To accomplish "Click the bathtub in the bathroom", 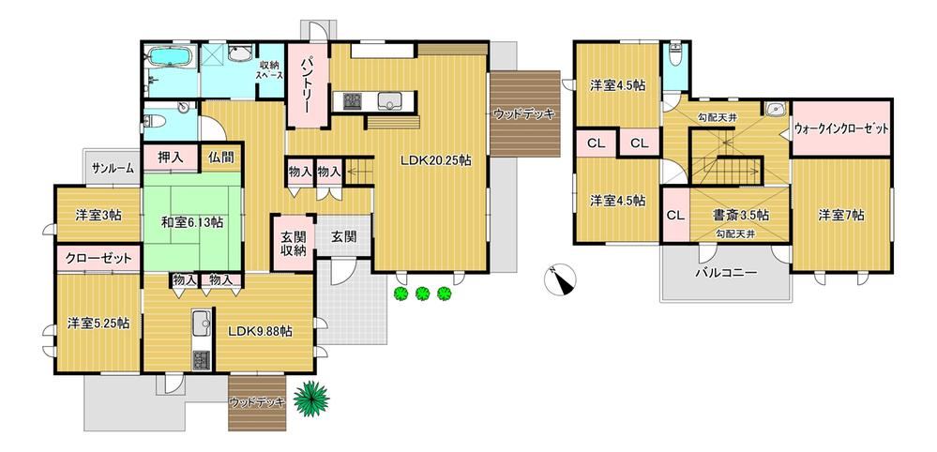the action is click(170, 57).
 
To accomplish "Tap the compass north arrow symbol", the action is click(561, 279).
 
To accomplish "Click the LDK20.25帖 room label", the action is click(435, 160).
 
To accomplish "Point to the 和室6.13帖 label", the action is click(192, 222).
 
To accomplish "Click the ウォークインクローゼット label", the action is click(841, 128).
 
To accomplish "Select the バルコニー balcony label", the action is click(726, 274).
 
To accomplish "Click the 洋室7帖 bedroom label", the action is click(840, 215).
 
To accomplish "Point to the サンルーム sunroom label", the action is click(113, 169).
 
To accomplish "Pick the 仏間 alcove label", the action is click(220, 158).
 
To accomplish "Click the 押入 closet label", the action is click(170, 158).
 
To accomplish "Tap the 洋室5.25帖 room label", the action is click(98, 323).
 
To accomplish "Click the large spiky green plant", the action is click(310, 398).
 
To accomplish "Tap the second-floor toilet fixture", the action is click(676, 55).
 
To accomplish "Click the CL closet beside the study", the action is click(675, 215).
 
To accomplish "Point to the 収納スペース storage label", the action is click(270, 69).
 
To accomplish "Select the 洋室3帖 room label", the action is click(98, 215).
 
